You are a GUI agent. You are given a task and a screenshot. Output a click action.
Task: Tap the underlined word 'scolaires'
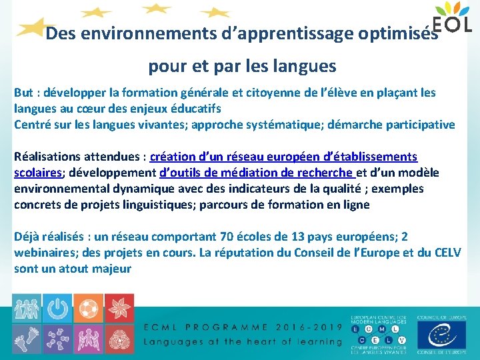click(38, 173)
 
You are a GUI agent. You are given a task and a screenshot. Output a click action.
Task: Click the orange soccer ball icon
click(87, 308)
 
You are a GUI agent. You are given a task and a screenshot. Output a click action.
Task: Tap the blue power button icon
click(58, 308)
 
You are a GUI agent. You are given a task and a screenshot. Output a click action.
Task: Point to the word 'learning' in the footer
click(314, 341)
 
